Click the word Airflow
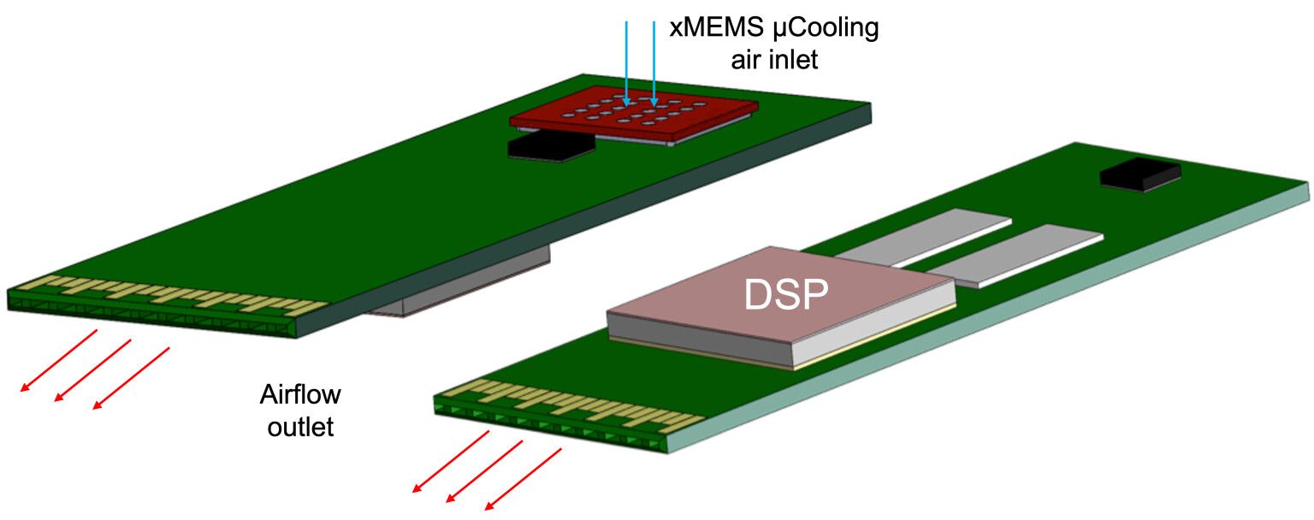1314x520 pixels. pos(300,395)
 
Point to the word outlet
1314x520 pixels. pos(300,426)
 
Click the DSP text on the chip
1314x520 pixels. pos(785,295)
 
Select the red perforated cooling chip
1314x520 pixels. pos(633,116)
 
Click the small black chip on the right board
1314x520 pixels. pos(1139,175)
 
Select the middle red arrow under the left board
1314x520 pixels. pos(92,369)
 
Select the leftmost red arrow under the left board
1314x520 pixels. pos(58,359)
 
